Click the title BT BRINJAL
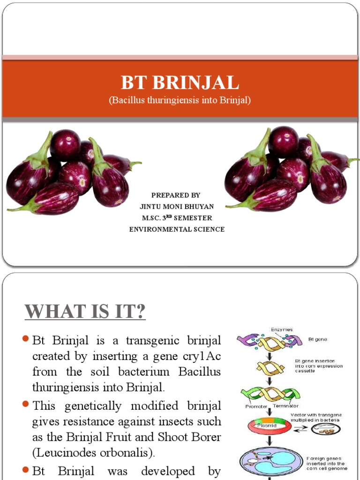tap(180, 83)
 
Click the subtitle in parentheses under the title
tap(180, 101)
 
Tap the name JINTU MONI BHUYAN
tap(176, 206)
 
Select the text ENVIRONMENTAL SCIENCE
tap(177, 229)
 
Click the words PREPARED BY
tap(176, 195)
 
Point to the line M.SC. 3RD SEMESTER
tap(177, 218)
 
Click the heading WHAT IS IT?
tap(85, 311)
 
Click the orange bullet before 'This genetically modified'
tap(26, 404)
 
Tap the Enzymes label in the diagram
tap(282, 330)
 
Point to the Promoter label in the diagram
tap(256, 406)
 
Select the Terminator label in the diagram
tap(285, 406)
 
